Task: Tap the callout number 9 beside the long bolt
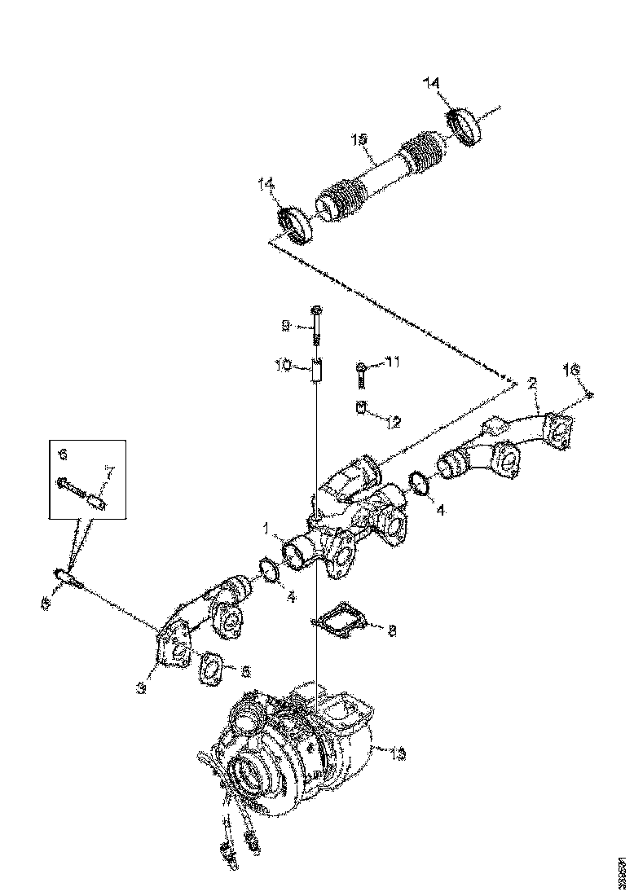pos(285,326)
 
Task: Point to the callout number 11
pos(394,362)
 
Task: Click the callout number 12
pos(393,422)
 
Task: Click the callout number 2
pos(531,381)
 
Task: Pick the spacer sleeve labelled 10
pos(318,371)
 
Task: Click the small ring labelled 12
pos(359,407)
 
